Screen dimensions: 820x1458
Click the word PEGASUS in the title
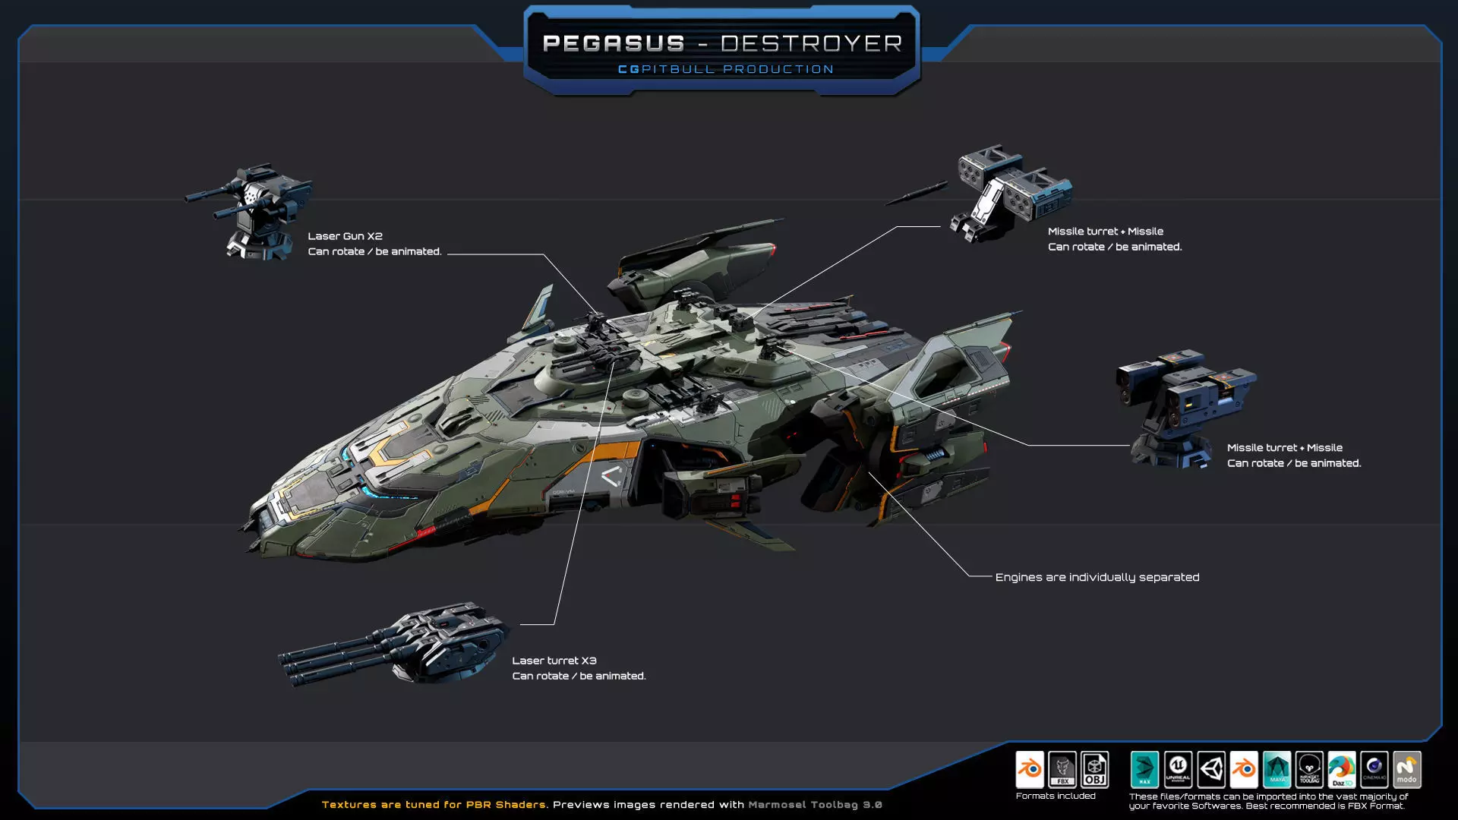(x=614, y=43)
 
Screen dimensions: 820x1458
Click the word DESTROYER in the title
(x=811, y=43)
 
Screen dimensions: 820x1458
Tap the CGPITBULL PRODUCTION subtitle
(x=725, y=69)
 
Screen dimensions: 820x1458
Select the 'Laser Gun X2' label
(x=345, y=236)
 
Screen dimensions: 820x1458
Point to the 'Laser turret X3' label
(x=554, y=661)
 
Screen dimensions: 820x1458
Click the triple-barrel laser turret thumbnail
(x=402, y=645)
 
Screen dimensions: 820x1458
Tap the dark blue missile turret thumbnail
(x=1181, y=406)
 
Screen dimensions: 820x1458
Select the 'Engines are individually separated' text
(x=1097, y=577)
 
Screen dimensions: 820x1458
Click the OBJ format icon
(x=1094, y=770)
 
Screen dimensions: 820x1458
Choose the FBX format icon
(x=1062, y=770)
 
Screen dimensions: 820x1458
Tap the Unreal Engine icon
(x=1178, y=770)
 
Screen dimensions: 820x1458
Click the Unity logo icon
(x=1211, y=770)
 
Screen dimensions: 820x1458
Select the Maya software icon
(x=1277, y=770)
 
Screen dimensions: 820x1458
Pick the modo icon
(x=1406, y=770)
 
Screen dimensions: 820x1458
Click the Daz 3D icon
(x=1342, y=770)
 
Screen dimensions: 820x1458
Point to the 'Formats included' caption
(x=1056, y=796)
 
